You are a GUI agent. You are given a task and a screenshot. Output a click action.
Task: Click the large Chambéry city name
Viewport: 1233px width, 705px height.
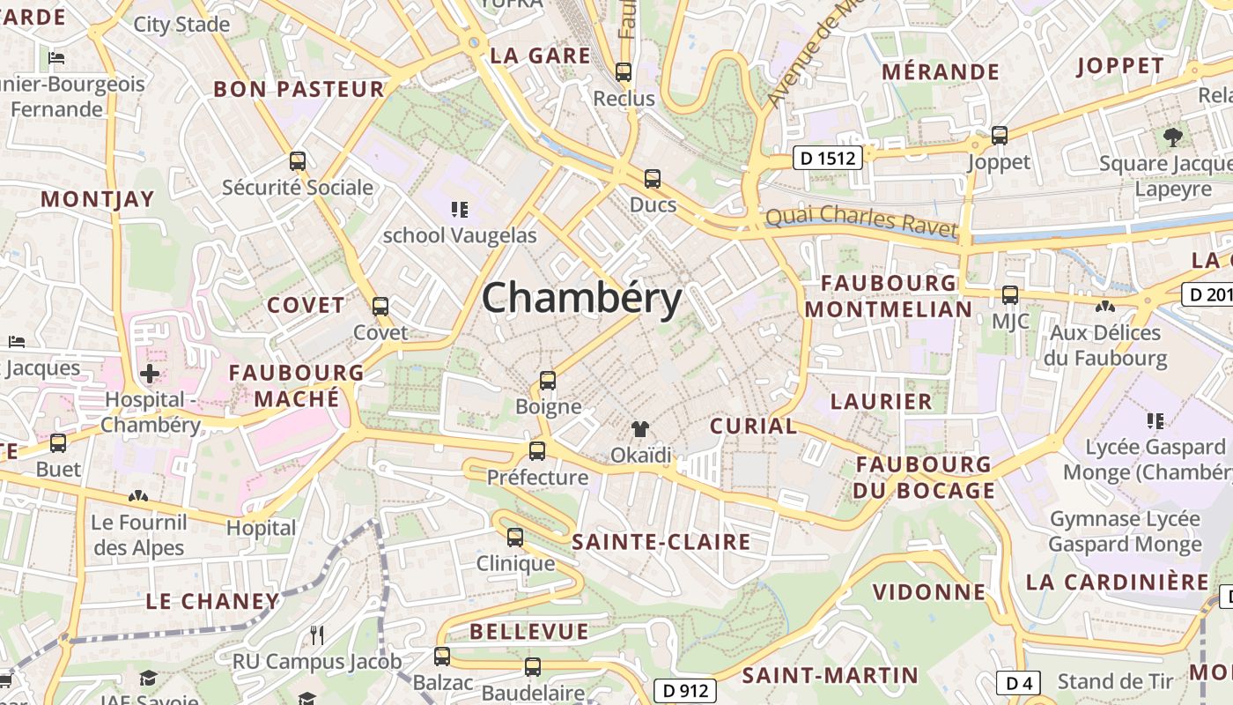coord(582,298)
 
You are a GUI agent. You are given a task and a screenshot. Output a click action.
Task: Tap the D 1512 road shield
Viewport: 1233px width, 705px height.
coord(828,158)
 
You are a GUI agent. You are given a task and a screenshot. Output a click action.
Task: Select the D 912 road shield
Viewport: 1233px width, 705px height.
coord(684,690)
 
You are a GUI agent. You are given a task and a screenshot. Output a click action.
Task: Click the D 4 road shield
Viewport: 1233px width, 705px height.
coord(1019,682)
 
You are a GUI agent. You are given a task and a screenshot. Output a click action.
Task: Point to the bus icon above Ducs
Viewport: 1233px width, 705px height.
coord(653,179)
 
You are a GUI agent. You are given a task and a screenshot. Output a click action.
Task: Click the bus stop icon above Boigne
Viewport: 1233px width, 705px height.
coord(548,381)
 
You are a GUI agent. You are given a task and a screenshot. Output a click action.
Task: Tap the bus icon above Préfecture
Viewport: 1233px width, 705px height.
coord(537,451)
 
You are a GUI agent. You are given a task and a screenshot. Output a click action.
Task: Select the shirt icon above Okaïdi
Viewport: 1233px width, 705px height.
coord(640,429)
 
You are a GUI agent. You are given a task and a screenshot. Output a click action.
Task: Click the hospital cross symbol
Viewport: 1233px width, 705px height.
coord(150,373)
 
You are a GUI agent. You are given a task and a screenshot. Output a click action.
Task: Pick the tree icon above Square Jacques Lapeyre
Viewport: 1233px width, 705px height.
coord(1172,137)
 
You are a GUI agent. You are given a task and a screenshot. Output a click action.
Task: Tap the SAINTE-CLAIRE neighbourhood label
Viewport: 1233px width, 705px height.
coord(661,542)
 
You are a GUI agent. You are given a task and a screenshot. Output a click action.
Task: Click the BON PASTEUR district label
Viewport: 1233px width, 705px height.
coord(299,89)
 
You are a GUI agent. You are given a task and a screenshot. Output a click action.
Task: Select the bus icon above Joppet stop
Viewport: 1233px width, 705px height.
coord(999,136)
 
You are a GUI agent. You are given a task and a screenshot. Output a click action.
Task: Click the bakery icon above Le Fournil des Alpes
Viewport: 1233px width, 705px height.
coord(138,496)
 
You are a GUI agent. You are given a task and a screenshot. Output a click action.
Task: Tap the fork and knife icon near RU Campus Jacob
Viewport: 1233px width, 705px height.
coord(317,634)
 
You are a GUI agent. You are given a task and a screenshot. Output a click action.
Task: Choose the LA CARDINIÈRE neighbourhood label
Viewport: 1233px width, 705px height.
coord(1118,583)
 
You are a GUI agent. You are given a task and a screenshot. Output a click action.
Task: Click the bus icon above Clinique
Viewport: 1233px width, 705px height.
coord(515,537)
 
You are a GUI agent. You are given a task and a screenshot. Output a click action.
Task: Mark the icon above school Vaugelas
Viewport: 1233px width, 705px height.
coord(459,209)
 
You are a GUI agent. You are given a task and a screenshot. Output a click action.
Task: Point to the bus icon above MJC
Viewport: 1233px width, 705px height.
coord(1010,295)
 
